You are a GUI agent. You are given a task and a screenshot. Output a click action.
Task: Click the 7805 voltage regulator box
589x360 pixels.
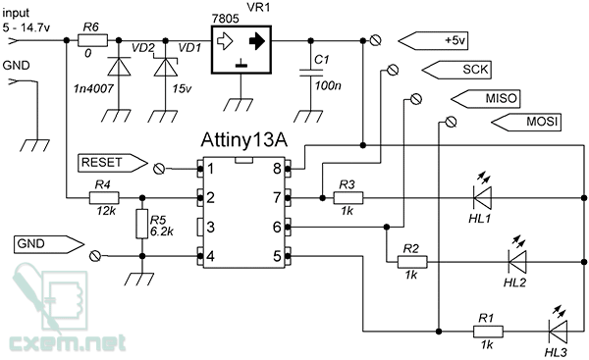[241, 50]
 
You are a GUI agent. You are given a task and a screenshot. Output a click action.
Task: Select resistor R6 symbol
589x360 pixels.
[92, 40]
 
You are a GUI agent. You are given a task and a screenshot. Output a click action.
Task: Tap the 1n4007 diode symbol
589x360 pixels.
[119, 67]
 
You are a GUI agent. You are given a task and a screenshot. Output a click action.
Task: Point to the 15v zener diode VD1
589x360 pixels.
[166, 67]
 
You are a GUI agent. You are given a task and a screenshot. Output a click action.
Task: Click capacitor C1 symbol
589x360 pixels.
[311, 73]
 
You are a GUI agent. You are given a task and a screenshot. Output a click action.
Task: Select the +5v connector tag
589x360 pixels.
[433, 40]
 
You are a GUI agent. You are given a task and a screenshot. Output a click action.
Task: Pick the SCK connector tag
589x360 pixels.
[456, 70]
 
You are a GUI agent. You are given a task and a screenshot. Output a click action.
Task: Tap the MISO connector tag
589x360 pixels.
[485, 99]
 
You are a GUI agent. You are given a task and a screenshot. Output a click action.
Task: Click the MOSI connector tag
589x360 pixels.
[526, 122]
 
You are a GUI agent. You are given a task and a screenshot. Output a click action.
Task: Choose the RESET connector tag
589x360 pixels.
[112, 163]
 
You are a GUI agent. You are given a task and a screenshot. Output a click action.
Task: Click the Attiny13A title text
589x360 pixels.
[244, 140]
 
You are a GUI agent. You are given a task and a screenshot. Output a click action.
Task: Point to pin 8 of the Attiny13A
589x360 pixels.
[288, 169]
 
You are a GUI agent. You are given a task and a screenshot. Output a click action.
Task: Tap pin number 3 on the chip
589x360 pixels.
[210, 228]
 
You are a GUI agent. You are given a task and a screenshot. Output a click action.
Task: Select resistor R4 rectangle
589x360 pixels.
[104, 198]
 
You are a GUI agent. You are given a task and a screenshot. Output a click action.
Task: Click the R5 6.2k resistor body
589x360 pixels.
[142, 224]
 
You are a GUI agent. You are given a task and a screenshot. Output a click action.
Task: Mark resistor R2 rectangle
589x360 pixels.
[412, 262]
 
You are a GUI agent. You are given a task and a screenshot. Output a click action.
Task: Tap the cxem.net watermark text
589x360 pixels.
[68, 342]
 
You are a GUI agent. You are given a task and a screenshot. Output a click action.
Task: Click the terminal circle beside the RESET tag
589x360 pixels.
[159, 169]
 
